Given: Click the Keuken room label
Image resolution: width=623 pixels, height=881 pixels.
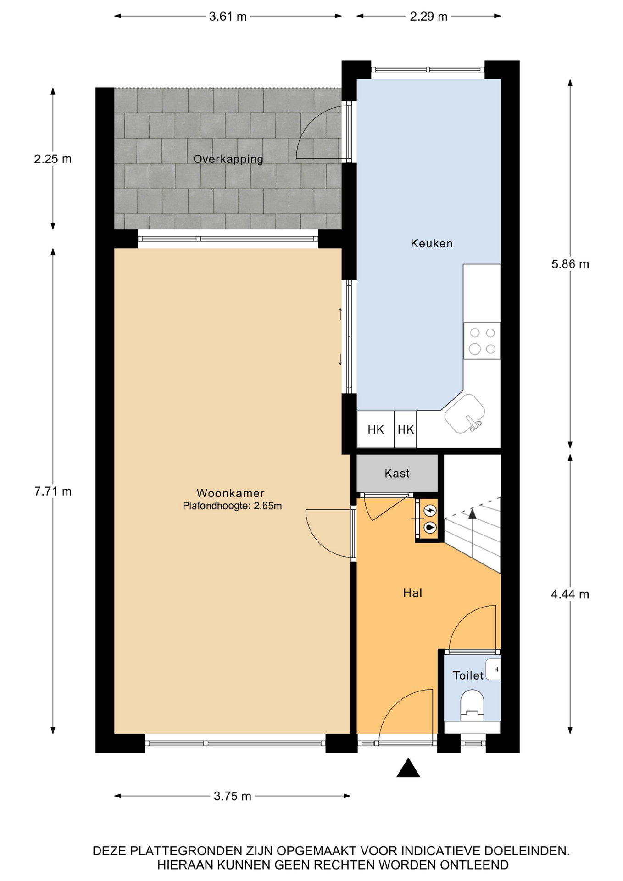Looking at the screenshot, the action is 431,243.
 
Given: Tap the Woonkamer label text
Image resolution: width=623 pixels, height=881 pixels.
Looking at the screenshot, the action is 230,493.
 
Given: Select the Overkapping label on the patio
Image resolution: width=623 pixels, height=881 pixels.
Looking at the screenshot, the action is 228,159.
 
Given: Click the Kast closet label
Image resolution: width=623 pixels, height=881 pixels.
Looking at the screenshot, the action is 397,473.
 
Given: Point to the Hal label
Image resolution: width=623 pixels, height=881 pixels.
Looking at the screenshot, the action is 412,593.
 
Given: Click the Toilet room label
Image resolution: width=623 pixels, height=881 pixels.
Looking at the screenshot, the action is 468,675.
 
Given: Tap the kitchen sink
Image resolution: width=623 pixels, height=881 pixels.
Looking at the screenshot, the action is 465,414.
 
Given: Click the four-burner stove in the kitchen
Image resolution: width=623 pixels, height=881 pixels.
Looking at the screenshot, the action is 482,340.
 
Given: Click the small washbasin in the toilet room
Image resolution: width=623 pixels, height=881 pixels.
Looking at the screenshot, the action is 493,669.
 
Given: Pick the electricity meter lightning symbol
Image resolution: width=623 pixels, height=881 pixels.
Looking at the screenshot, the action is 430,510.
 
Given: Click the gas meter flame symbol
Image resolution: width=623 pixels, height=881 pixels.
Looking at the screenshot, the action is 430,528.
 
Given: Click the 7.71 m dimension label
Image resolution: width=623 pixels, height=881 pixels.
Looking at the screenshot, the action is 53,491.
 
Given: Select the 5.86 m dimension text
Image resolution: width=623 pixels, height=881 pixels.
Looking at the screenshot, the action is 570,264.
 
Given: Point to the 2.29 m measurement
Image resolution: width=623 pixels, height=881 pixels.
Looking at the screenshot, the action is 428,17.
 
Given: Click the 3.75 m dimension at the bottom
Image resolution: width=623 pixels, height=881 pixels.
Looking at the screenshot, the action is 233,796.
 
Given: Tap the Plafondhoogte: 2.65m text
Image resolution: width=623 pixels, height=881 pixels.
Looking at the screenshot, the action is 232,506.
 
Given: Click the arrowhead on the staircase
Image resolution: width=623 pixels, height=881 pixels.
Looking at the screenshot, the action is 472,513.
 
